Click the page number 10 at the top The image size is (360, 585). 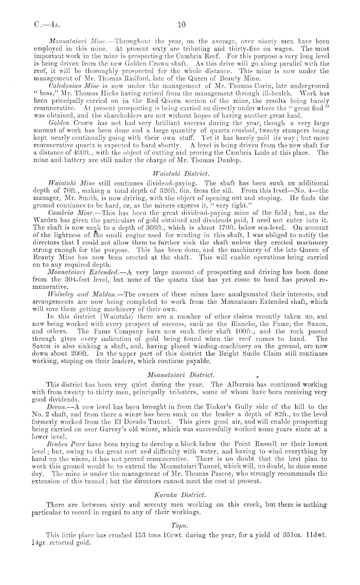(x=181, y=24)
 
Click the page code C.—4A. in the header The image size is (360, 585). (x=33, y=24)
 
